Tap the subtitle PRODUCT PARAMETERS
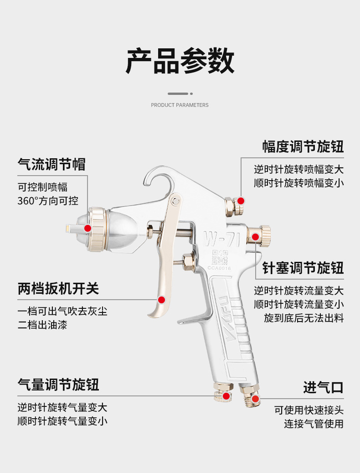click(x=180, y=105)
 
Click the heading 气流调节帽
click(x=51, y=164)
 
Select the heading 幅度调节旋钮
click(x=303, y=147)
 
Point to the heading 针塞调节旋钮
click(x=303, y=268)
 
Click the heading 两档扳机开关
click(x=58, y=288)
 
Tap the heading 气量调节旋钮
click(x=58, y=385)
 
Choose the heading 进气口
click(x=323, y=388)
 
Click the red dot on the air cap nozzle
click(x=87, y=228)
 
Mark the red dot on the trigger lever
click(x=161, y=300)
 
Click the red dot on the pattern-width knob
click(x=241, y=201)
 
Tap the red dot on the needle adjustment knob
click(x=255, y=237)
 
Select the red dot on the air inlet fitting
click(x=255, y=399)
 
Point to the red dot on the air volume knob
click(x=226, y=395)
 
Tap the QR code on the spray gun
click(x=220, y=258)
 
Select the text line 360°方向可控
click(x=48, y=201)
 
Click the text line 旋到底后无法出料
click(x=303, y=318)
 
